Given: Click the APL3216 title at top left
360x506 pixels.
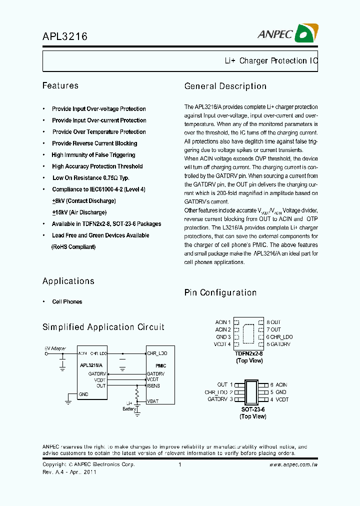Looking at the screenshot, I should click(x=65, y=36).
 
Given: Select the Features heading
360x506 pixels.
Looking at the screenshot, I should click(x=60, y=85).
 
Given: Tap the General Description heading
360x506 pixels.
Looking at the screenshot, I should click(x=225, y=86).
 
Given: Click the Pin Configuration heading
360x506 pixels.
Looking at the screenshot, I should click(x=220, y=292).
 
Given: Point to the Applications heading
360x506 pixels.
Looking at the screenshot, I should click(x=68, y=281).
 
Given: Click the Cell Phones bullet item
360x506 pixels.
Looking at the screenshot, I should click(x=67, y=301).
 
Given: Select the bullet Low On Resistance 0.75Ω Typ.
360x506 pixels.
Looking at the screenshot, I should click(x=91, y=178).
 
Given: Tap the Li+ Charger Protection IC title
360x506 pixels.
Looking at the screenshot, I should click(x=270, y=61).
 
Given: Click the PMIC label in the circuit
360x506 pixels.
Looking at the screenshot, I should click(x=160, y=366).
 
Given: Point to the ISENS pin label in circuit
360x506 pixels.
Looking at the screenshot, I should click(x=153, y=386).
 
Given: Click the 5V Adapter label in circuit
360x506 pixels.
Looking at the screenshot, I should click(x=55, y=348).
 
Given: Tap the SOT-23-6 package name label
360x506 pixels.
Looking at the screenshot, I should click(x=253, y=409).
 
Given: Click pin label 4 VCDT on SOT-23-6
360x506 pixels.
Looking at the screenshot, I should click(x=279, y=399).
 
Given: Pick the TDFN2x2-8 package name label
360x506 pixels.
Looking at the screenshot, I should click(x=249, y=353).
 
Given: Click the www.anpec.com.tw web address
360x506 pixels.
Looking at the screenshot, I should click(x=294, y=464).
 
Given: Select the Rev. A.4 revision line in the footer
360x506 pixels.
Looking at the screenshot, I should click(x=69, y=471).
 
